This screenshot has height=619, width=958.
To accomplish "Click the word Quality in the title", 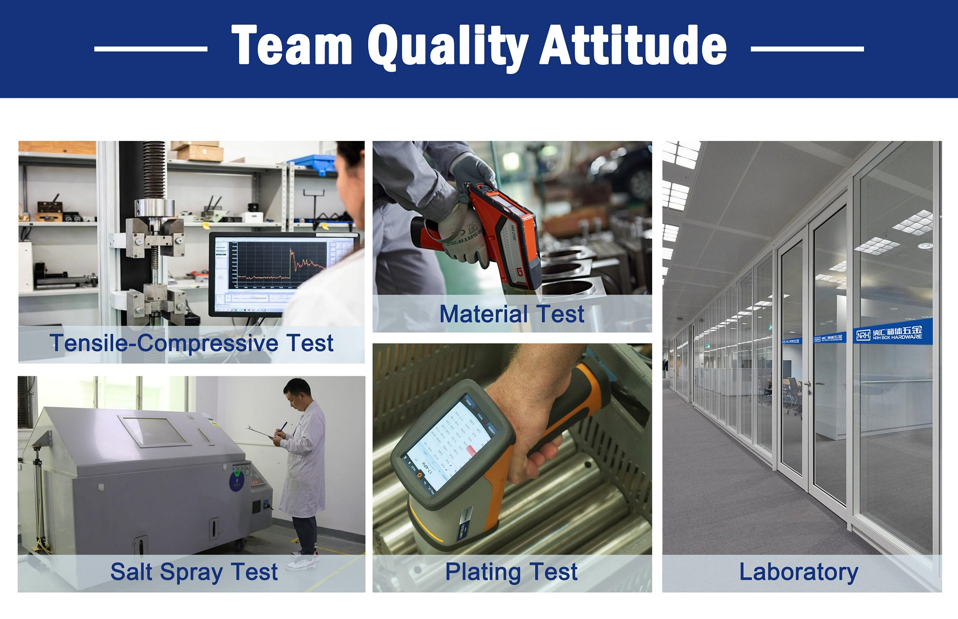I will [x=448, y=46].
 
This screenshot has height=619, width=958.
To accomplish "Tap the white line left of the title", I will [x=151, y=48].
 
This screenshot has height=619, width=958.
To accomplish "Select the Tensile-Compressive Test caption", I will [x=192, y=343].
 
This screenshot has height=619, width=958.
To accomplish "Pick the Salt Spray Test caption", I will [x=194, y=572].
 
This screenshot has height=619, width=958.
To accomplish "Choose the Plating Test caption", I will [x=511, y=572].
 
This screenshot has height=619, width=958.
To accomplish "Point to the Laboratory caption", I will [x=798, y=572].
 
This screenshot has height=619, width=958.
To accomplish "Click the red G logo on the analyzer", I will [x=520, y=272].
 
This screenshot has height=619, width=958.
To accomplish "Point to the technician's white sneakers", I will [x=302, y=562].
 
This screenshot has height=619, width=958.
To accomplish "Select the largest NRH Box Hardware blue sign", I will [x=891, y=333].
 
